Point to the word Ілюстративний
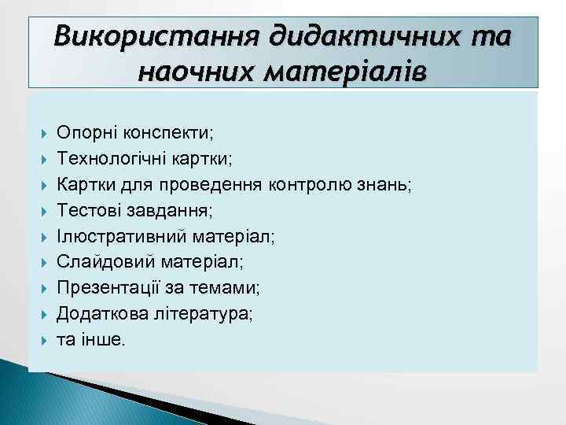tap(112, 236)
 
